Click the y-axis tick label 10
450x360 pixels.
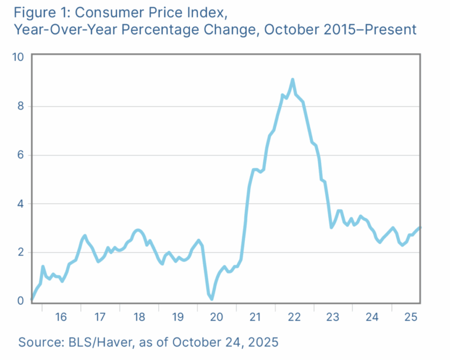coord(18,57)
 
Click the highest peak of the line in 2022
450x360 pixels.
coord(292,80)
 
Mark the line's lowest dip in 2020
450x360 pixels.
coord(212,299)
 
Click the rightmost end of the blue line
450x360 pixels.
coord(420,228)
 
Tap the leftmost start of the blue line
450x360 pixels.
coord(32,300)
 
